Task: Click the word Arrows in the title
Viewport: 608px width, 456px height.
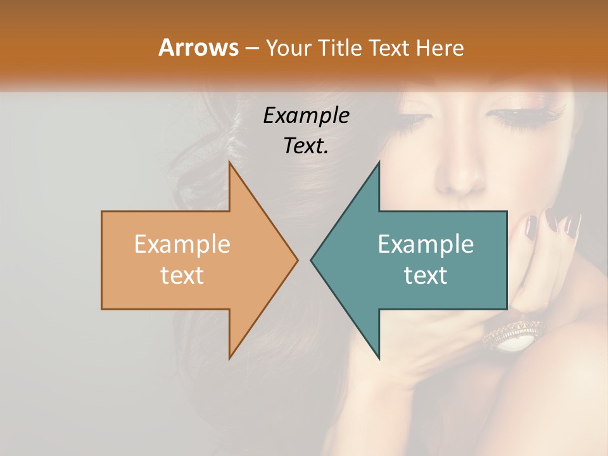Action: pos(199,47)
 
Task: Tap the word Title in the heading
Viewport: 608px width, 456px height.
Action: pos(340,48)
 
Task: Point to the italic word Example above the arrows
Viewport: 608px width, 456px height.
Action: pos(306,116)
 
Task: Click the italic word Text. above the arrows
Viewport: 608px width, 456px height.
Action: pos(306,146)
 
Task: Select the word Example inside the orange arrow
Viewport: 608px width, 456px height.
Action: pos(182,244)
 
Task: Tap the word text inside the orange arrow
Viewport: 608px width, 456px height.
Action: pos(182,275)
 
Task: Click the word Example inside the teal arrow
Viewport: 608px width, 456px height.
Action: pos(426,244)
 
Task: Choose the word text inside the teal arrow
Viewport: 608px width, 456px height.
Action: pos(426,275)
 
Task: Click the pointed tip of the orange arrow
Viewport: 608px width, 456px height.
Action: pos(296,260)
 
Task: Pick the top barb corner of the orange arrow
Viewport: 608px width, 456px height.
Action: pos(230,163)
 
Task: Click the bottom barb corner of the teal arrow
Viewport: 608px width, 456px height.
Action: pos(379,358)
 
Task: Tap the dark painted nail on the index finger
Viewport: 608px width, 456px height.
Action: pos(531,225)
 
